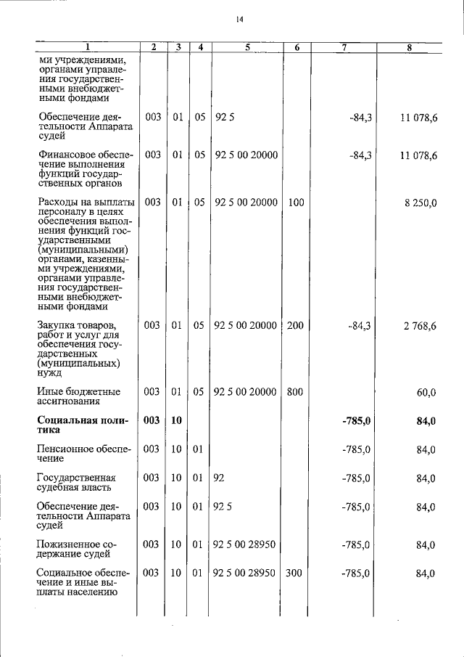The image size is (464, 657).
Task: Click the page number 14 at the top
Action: pos(239,19)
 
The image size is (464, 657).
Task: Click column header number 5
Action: pos(247,48)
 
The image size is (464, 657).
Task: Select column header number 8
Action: pos(410,48)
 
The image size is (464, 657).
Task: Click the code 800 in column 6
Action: pos(295,392)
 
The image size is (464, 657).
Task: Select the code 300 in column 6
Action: pos(295,574)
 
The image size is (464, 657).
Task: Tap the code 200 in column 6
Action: pos(295,326)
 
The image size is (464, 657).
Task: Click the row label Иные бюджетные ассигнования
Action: pos(78,396)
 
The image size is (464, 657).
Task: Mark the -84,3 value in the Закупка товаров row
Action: pos(360,326)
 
